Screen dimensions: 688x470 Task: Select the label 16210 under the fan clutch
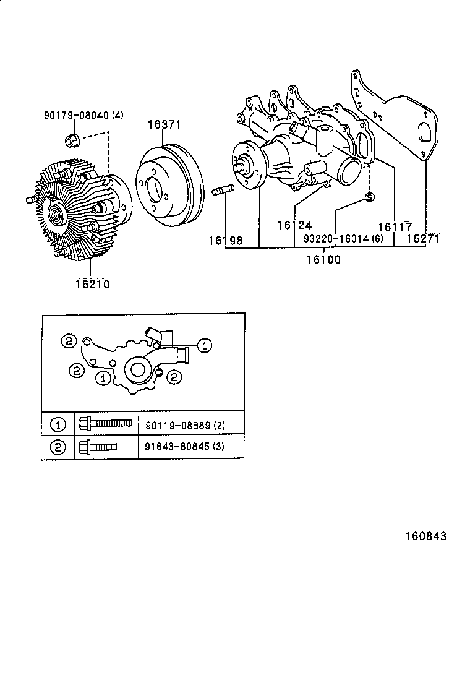click(x=92, y=284)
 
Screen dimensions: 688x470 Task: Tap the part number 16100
click(x=323, y=259)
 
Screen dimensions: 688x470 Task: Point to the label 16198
click(x=225, y=239)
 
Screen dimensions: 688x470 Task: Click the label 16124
click(x=294, y=226)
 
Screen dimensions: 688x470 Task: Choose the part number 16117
click(x=395, y=227)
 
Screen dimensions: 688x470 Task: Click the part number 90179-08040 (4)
click(x=83, y=115)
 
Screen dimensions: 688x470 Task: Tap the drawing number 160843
click(x=425, y=536)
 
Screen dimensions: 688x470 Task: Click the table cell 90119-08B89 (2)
click(x=186, y=426)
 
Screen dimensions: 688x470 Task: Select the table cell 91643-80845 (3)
click(x=186, y=447)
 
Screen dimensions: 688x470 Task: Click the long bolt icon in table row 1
click(x=106, y=424)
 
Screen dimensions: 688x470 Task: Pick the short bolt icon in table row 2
click(x=98, y=446)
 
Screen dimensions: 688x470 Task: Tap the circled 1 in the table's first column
click(x=58, y=425)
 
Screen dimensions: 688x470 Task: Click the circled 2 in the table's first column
click(x=58, y=447)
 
